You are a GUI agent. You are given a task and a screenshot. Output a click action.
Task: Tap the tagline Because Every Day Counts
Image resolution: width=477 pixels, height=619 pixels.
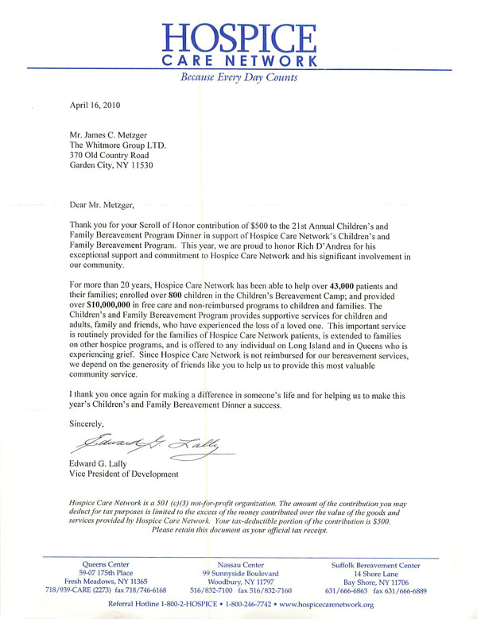click(x=238, y=78)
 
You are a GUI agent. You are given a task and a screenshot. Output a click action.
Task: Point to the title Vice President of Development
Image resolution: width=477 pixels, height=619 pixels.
click(x=125, y=474)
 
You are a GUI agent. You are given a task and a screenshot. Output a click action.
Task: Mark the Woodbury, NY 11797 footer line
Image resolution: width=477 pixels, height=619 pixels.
click(x=240, y=583)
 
